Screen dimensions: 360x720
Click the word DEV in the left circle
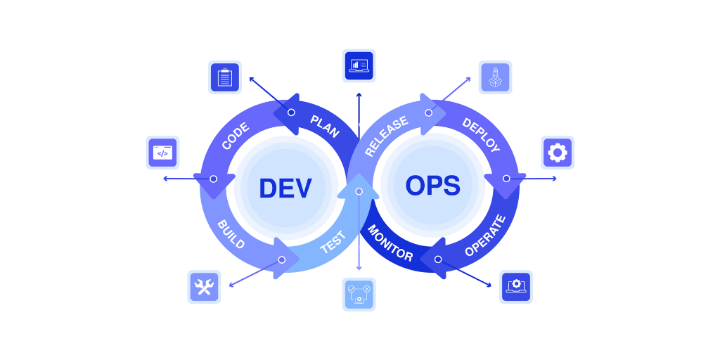(285, 188)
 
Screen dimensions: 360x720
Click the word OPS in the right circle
(432, 186)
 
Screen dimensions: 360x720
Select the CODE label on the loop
(235, 136)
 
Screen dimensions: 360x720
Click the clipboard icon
(225, 77)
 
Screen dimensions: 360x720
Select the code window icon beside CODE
(162, 153)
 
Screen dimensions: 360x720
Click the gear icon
(558, 153)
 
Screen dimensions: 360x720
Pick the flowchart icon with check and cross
(359, 294)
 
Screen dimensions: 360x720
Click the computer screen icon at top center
(359, 65)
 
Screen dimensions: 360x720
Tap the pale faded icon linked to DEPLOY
(495, 77)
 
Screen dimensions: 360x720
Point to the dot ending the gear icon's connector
(554, 179)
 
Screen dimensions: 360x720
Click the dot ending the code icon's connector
(166, 179)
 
